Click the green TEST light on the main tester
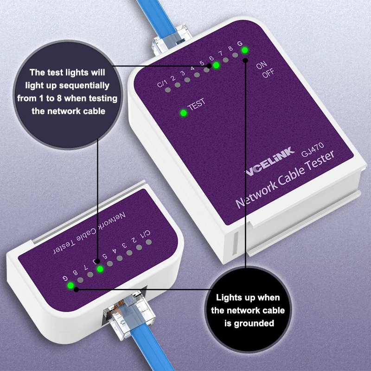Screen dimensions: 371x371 (x=183, y=113)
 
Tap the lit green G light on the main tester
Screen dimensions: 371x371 (x=245, y=50)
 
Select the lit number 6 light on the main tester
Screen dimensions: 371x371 (x=216, y=65)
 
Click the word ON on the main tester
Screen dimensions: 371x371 (x=262, y=65)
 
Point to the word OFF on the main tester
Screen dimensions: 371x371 (x=268, y=73)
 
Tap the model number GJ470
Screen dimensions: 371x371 (x=313, y=150)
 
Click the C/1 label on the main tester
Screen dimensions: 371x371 (x=162, y=83)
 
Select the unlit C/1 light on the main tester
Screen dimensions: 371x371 (x=168, y=90)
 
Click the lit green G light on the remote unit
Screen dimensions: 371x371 (x=70, y=286)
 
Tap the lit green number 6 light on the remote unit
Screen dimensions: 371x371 (x=100, y=269)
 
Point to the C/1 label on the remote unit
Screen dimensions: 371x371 (x=146, y=234)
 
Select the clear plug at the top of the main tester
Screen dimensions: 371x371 (x=170, y=40)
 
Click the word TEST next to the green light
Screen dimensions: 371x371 (x=196, y=105)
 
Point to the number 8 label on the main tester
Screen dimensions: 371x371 (x=230, y=49)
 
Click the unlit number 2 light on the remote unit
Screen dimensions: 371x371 (x=139, y=248)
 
